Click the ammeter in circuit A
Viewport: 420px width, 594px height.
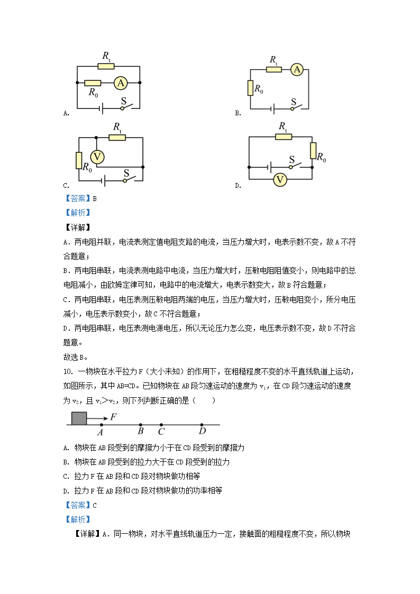pyautogui.click(x=121, y=83)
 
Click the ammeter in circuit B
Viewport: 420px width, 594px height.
pyautogui.click(x=297, y=69)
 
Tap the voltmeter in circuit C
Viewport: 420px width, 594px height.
pyautogui.click(x=96, y=157)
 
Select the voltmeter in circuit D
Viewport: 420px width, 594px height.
pyautogui.click(x=280, y=180)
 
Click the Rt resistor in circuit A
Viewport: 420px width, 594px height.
pyautogui.click(x=106, y=66)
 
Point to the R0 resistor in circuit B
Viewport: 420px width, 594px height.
pyautogui.click(x=250, y=88)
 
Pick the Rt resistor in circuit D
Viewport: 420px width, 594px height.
pyautogui.click(x=283, y=137)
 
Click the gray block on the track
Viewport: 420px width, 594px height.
pyautogui.click(x=79, y=417)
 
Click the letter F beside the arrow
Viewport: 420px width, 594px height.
pyautogui.click(x=113, y=417)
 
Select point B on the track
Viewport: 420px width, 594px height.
pyautogui.click(x=140, y=425)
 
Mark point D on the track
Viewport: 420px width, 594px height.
pyautogui.click(x=202, y=425)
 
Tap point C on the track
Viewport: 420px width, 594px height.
pyautogui.click(x=161, y=425)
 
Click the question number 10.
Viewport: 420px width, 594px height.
pyautogui.click(x=67, y=371)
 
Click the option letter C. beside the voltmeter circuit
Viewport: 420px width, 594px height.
pyautogui.click(x=66, y=186)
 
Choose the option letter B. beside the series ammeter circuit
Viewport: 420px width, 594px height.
pyautogui.click(x=238, y=113)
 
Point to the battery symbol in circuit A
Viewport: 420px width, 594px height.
pyautogui.click(x=101, y=108)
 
